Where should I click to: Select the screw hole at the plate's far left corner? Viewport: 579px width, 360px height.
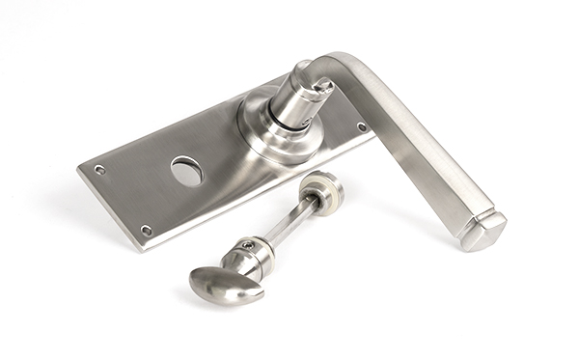99,170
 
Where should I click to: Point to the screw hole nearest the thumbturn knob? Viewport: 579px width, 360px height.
146,231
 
